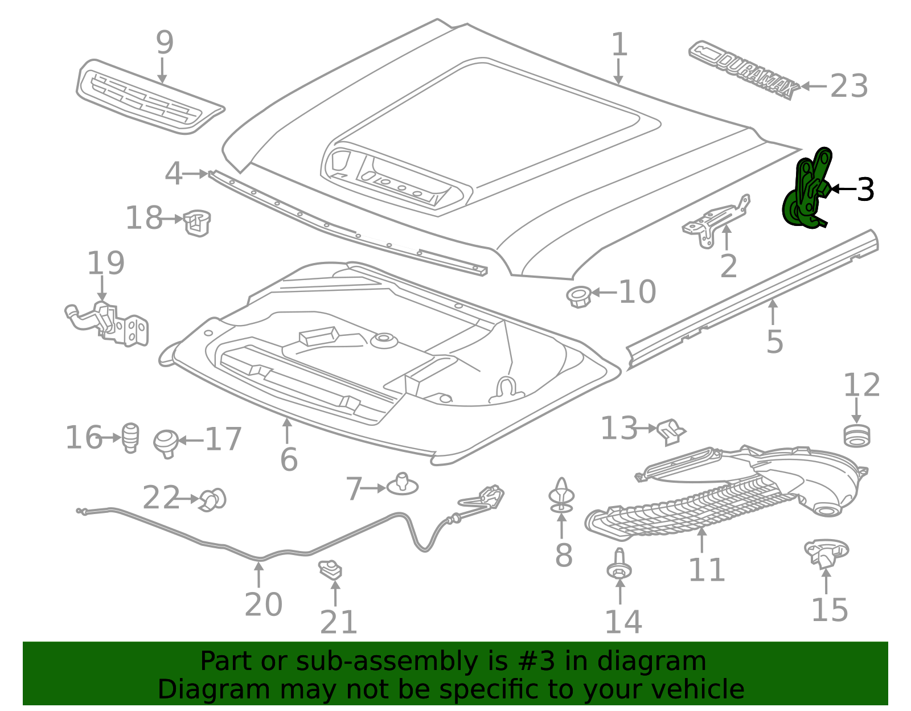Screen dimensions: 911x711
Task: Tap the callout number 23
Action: click(848, 86)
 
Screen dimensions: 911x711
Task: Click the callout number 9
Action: click(165, 42)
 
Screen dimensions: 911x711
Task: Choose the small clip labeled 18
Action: click(197, 223)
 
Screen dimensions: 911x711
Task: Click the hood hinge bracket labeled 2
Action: click(716, 221)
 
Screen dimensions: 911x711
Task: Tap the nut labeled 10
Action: click(578, 297)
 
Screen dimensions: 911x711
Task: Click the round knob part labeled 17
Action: click(166, 443)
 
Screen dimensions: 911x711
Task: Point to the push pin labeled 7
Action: click(402, 484)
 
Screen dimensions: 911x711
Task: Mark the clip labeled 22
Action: click(214, 499)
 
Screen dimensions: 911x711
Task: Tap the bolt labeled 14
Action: click(619, 564)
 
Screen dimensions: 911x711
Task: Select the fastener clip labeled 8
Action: click(561, 496)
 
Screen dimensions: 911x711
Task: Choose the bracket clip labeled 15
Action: click(826, 553)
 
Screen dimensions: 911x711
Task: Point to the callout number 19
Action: click(106, 262)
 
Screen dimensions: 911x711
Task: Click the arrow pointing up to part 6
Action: click(287, 431)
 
